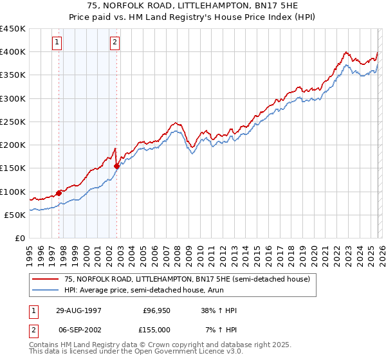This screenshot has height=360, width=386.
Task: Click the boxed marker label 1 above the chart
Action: click(x=57, y=43)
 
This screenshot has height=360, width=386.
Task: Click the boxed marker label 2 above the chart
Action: click(x=115, y=43)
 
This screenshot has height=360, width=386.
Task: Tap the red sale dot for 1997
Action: click(x=59, y=192)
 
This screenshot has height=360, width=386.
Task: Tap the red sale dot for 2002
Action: click(x=116, y=166)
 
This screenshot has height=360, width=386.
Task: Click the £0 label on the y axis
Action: click(x=19, y=238)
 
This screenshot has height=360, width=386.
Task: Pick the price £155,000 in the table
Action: click(x=156, y=329)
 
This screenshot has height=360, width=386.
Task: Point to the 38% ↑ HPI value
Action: click(x=218, y=310)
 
